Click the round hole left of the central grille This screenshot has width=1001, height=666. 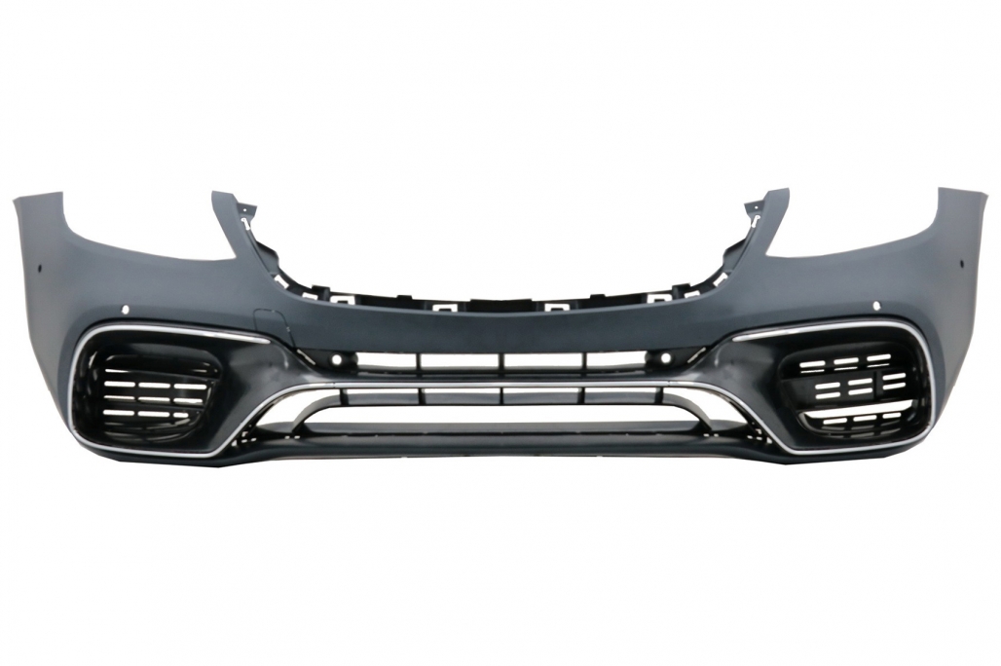pyautogui.click(x=336, y=361)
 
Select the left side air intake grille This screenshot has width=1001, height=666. pyautogui.click(x=146, y=389)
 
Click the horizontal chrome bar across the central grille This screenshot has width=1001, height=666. pyautogui.click(x=501, y=386)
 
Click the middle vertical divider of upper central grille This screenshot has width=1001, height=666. pyautogui.click(x=502, y=361)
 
